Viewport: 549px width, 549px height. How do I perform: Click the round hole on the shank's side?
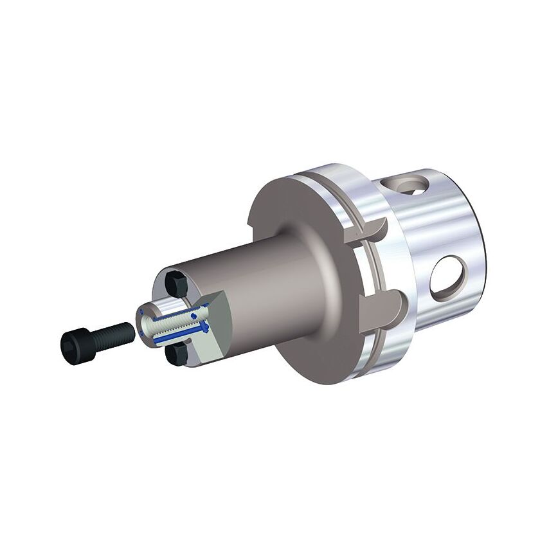[447, 278]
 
